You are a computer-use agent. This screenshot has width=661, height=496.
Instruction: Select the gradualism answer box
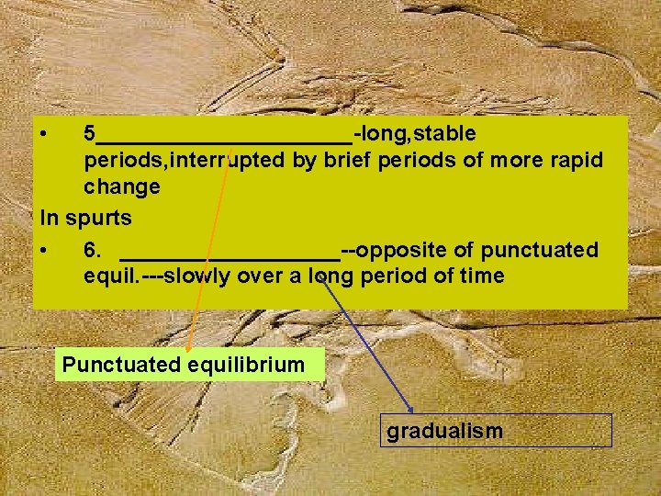pyautogui.click(x=496, y=431)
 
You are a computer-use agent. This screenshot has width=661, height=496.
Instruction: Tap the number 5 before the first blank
pyautogui.click(x=90, y=134)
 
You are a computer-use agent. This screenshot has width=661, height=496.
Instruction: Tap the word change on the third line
pyautogui.click(x=122, y=187)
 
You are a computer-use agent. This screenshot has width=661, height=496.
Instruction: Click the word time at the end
pyautogui.click(x=479, y=276)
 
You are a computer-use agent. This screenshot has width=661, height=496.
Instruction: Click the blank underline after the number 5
pyautogui.click(x=225, y=141)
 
